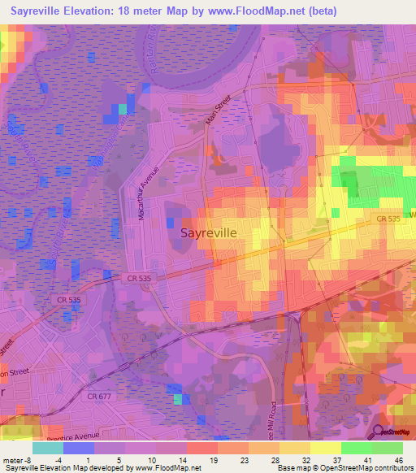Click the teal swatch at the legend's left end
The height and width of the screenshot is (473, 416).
pos(48,447)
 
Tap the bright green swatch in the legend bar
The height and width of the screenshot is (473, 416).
pos(357,447)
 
